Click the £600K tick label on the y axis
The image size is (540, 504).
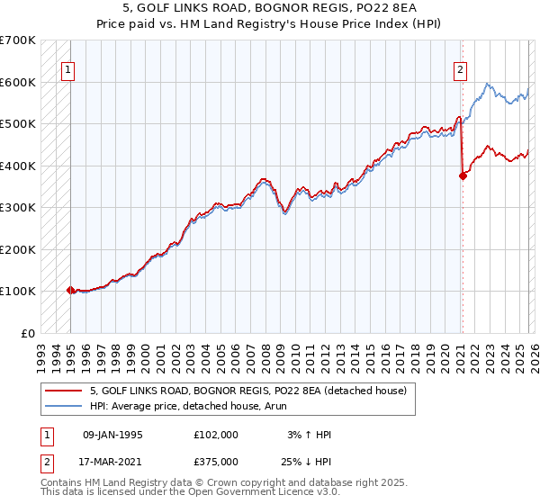[x=18, y=82]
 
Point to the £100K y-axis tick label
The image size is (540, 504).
[x=18, y=292]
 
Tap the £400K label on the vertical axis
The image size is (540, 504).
[x=18, y=166]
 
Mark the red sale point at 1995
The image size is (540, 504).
[x=70, y=290]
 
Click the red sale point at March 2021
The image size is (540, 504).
[x=463, y=176]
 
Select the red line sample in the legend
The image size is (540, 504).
[x=64, y=391]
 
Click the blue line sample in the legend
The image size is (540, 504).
[x=64, y=405]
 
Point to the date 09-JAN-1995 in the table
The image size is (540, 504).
[x=112, y=435]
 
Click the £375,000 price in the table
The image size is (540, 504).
[x=215, y=461]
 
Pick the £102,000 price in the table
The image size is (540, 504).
[x=215, y=435]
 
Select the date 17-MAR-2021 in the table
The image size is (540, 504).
[x=112, y=461]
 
